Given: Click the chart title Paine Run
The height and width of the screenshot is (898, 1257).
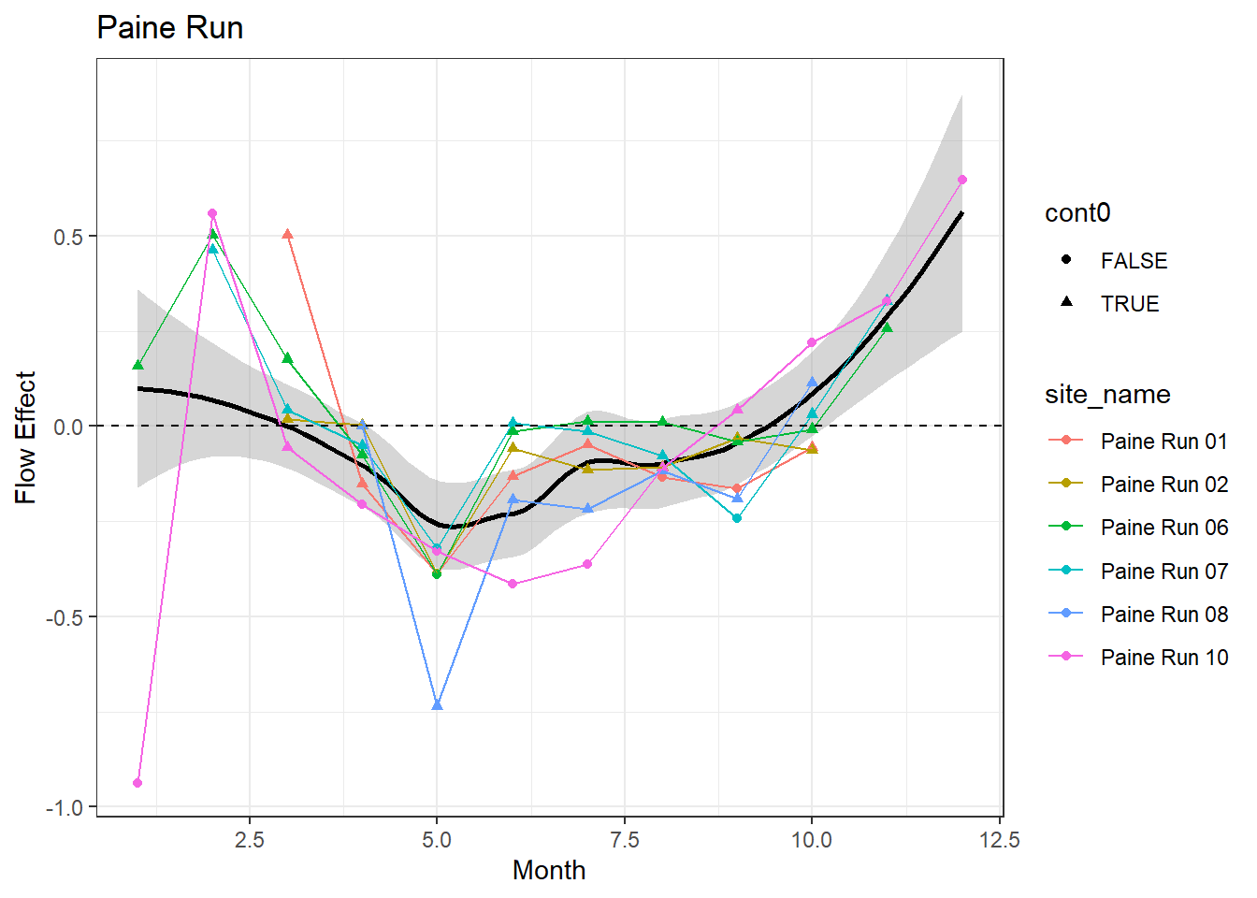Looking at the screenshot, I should click(x=169, y=28).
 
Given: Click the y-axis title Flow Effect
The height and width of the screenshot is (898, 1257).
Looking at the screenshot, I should click(x=25, y=437).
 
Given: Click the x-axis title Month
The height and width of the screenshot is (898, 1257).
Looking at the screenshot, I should click(x=549, y=870).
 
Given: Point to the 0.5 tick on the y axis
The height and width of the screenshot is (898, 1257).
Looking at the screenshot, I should click(x=68, y=237).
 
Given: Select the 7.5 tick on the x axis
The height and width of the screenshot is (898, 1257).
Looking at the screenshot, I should click(x=624, y=839).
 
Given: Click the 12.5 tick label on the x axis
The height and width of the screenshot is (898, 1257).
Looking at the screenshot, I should click(x=999, y=839).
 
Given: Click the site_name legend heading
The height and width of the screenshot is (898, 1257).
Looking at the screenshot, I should click(x=1107, y=395).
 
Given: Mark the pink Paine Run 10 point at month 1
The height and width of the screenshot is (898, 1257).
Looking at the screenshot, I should click(x=137, y=783).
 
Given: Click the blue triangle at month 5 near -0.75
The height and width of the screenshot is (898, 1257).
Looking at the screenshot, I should click(x=437, y=704).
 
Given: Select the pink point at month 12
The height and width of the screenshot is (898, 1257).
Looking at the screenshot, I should click(x=961, y=180).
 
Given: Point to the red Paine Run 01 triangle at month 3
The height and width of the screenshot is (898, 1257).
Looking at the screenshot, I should click(x=287, y=234).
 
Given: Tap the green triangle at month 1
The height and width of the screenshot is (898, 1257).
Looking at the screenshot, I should click(x=137, y=365).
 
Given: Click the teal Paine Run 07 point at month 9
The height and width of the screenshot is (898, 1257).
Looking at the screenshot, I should click(x=737, y=518).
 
